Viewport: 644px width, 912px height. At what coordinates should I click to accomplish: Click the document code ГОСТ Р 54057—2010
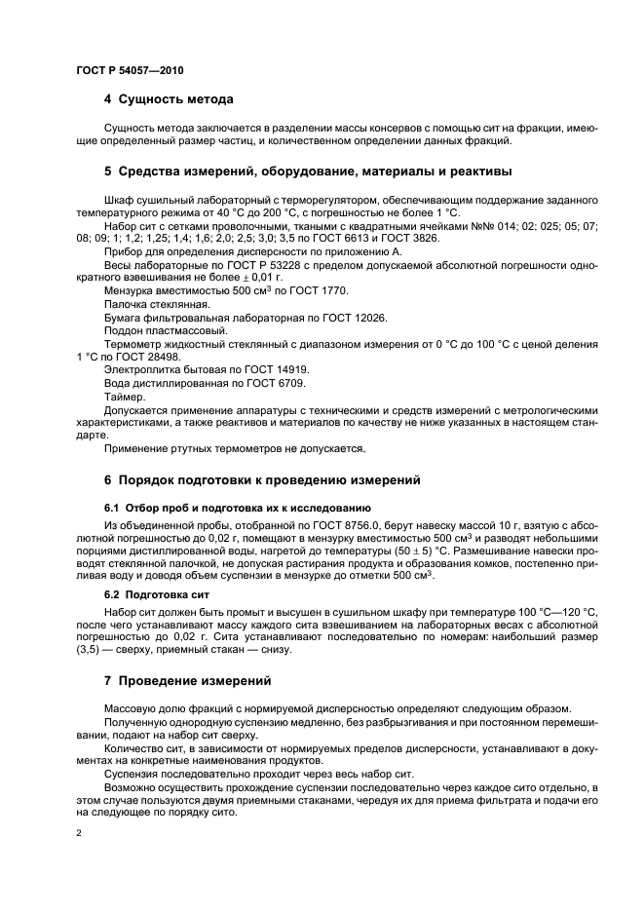pyautogui.click(x=129, y=71)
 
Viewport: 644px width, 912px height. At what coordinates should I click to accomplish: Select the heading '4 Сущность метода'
pyautogui.click(x=168, y=99)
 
